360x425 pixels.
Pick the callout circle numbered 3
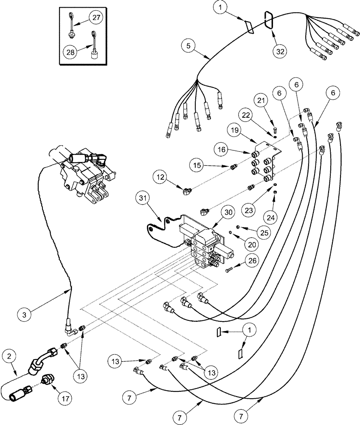25,314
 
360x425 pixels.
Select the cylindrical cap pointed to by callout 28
93,54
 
